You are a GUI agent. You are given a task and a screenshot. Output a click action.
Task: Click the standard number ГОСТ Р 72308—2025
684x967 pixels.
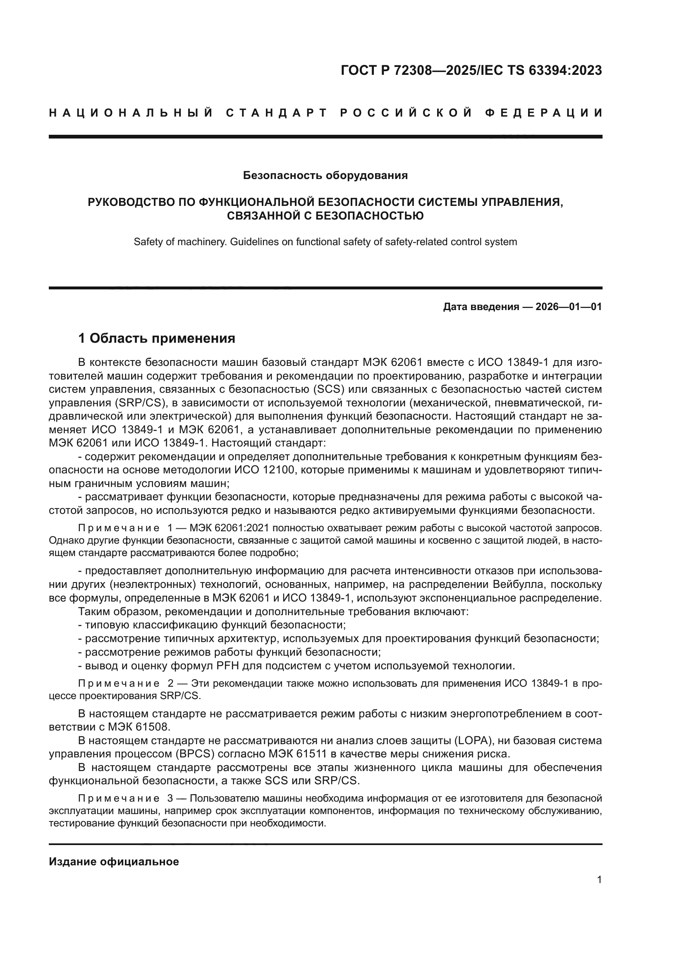(x=408, y=71)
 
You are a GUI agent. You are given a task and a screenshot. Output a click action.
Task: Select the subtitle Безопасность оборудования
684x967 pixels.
(x=325, y=176)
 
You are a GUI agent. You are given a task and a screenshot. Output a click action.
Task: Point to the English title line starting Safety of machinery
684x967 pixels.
(x=325, y=242)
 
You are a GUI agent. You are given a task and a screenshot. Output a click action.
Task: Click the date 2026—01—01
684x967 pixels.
(x=568, y=307)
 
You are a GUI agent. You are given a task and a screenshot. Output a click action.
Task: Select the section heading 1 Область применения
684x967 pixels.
(x=157, y=338)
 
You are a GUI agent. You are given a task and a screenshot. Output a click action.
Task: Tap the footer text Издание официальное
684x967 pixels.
(x=114, y=862)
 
